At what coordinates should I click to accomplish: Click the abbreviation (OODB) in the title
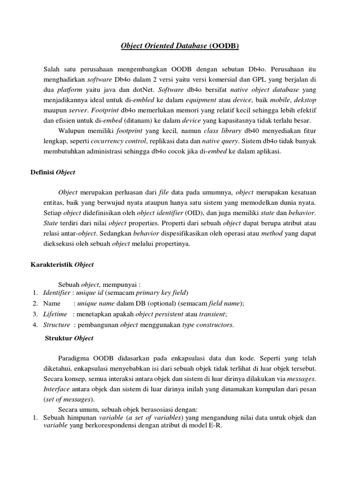coord(224,46)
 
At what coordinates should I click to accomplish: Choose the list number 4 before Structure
coord(35,324)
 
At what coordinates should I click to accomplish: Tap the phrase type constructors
coord(207,324)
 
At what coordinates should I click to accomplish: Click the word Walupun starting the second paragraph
coord(72,130)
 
